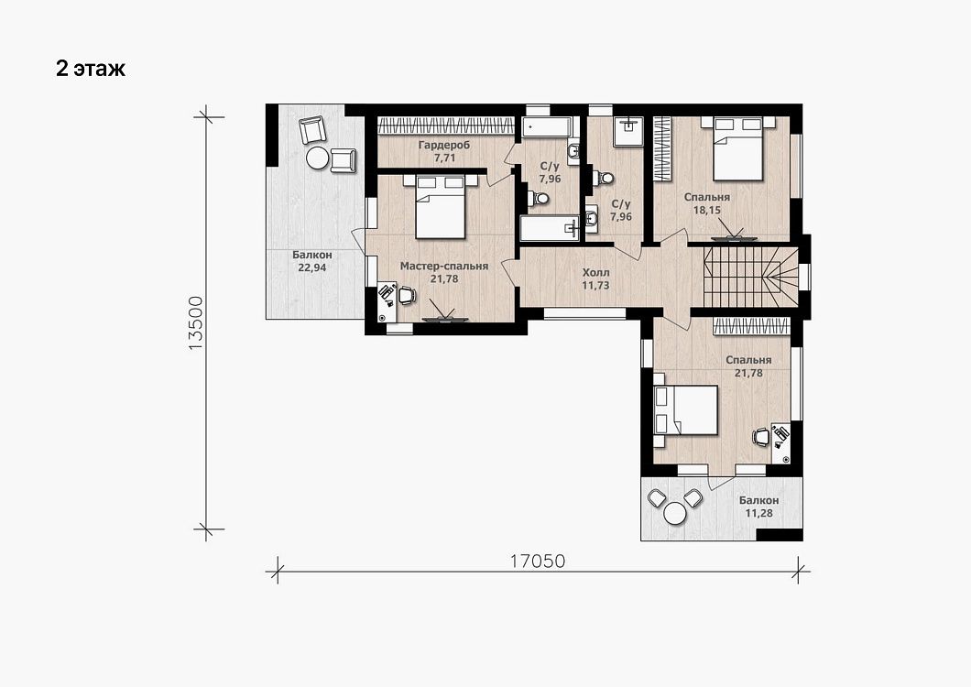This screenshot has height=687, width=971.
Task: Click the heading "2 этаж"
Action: click(x=91, y=68)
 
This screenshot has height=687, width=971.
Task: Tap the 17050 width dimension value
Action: click(x=538, y=561)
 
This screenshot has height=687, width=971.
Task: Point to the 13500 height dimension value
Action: click(x=195, y=323)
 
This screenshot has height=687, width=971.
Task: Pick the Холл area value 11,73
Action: click(x=595, y=286)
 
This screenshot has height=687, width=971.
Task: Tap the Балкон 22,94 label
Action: click(x=312, y=261)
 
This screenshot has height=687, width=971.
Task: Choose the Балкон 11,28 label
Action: click(x=758, y=507)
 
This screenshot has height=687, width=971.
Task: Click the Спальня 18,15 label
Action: click(x=706, y=203)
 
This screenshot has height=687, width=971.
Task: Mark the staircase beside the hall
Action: click(x=750, y=277)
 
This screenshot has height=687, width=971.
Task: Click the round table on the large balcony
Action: click(x=317, y=158)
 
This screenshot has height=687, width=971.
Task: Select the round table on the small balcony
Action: click(x=674, y=513)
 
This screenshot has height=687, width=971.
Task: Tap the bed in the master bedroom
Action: click(x=441, y=206)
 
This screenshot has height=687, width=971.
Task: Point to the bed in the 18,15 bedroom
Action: click(x=737, y=148)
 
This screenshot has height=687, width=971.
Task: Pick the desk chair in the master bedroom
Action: click(x=406, y=295)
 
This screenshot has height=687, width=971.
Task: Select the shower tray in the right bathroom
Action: click(x=628, y=131)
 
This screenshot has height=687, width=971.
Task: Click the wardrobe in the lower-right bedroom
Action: click(x=751, y=326)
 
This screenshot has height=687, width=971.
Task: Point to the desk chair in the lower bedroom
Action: click(x=761, y=437)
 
